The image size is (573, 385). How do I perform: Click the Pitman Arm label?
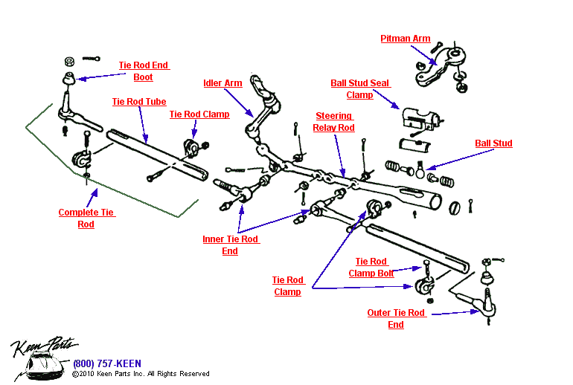[405, 39]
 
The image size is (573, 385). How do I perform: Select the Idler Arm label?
[223, 83]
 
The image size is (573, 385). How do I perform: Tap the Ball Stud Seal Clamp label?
[360, 89]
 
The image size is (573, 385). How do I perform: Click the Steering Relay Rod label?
[334, 122]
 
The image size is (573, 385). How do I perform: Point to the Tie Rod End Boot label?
[144, 71]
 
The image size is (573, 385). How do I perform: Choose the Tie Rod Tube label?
[139, 102]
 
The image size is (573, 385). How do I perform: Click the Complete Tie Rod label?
[86, 219]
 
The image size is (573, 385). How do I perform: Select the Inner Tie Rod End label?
[230, 245]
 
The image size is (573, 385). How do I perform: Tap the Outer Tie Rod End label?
[396, 319]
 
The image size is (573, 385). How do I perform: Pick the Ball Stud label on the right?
[493, 143]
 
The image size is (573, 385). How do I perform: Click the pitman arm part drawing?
[444, 65]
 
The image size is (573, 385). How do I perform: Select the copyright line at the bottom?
[141, 374]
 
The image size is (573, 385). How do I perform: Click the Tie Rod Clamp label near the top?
[199, 114]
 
